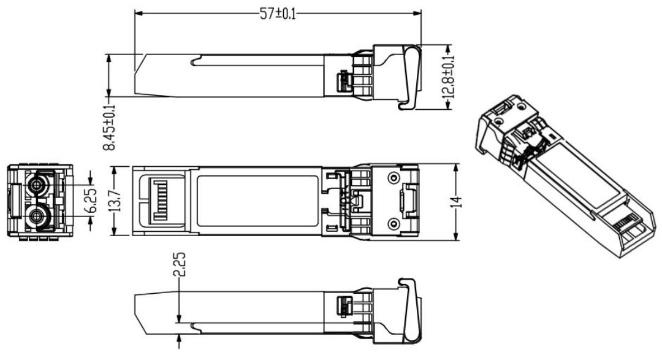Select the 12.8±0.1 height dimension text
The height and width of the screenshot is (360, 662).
(x=450, y=77)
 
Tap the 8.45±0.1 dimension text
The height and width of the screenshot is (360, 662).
(x=109, y=126)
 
